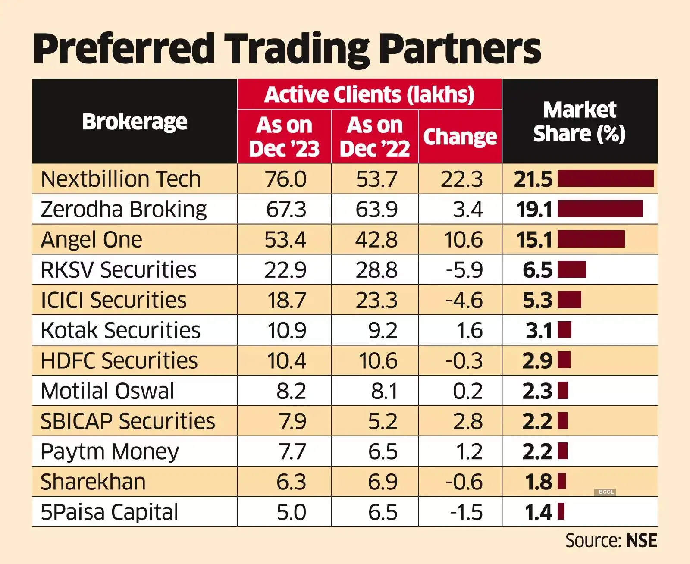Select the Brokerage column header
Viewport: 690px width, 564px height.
click(135, 122)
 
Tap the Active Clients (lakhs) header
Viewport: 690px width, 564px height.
click(369, 94)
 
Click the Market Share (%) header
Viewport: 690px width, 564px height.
click(580, 122)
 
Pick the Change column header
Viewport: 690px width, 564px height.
click(460, 137)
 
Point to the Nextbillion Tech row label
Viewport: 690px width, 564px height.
click(121, 179)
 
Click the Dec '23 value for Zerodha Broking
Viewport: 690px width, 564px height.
click(286, 210)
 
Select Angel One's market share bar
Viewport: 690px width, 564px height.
click(591, 239)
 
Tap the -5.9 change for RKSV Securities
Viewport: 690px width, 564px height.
click(464, 270)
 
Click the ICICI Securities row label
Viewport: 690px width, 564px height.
click(113, 300)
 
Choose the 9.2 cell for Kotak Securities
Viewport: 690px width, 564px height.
click(383, 331)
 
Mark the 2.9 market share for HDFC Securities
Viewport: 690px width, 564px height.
click(537, 361)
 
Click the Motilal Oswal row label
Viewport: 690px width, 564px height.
click(107, 391)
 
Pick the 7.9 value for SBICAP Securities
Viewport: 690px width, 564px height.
click(292, 421)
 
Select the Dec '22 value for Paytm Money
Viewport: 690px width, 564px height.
click(383, 452)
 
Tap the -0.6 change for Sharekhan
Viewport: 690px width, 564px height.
click(464, 482)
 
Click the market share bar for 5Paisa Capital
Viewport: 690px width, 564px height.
click(561, 512)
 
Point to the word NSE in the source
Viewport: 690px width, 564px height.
click(641, 541)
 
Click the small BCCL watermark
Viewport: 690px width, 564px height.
click(606, 492)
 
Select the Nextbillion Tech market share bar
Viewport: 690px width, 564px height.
click(605, 179)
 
